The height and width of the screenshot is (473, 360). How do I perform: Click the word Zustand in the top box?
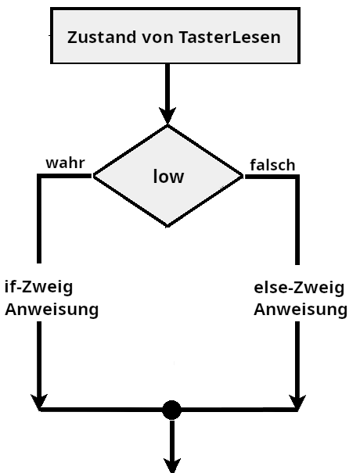tap(98, 38)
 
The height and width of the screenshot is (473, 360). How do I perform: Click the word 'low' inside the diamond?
tap(168, 177)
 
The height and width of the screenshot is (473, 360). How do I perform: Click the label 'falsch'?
tap(272, 165)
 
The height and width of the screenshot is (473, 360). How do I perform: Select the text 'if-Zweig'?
tap(38, 287)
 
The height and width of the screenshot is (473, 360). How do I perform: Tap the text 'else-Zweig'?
tap(299, 287)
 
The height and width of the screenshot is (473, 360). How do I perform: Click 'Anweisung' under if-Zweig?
tap(52, 309)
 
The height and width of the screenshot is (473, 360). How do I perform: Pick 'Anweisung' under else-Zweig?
tap(301, 309)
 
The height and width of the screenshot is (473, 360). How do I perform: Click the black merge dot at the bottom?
tap(171, 409)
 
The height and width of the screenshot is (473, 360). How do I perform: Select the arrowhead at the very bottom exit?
tap(171, 463)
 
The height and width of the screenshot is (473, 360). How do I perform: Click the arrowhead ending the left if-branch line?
tap(38, 400)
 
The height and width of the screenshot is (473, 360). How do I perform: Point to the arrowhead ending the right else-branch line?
tap(298, 400)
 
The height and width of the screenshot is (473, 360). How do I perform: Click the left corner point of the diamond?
tap(94, 177)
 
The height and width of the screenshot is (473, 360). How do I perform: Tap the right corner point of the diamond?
tap(243, 177)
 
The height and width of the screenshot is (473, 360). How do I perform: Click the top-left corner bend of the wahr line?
tap(38, 177)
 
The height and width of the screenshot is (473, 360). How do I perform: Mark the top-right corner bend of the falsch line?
tap(298, 177)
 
